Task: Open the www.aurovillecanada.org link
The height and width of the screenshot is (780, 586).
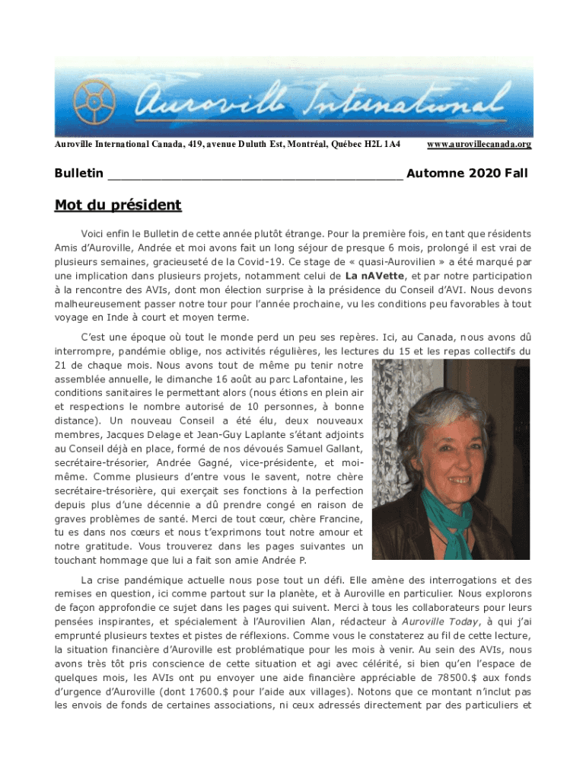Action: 479,144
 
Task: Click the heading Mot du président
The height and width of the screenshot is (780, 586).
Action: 118,205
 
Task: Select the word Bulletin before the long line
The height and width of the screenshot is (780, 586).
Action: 79,174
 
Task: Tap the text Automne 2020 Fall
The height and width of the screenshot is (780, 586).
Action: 467,174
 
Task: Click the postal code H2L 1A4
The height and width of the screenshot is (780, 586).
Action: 383,144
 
